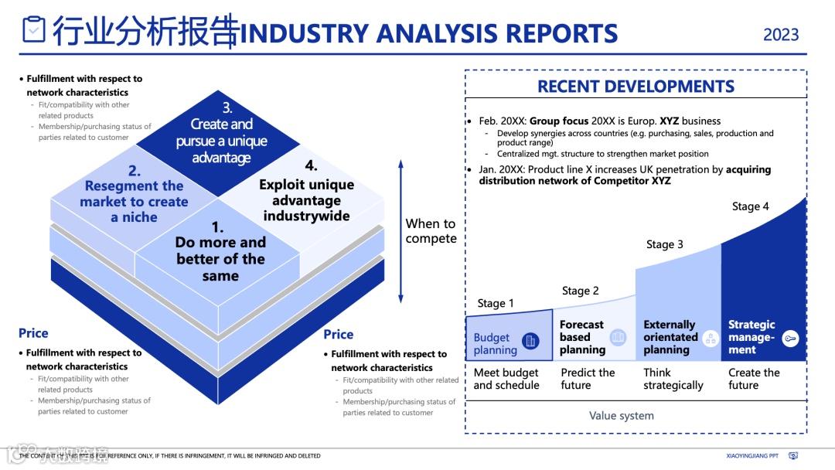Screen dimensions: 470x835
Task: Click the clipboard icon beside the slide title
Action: [34, 29]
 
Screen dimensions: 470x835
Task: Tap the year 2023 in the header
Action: [781, 35]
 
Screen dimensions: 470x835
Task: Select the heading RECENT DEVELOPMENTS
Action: [636, 87]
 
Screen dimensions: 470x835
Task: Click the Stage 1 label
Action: [496, 304]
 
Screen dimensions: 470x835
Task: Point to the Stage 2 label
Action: [581, 291]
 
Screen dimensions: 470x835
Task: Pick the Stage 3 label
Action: [665, 245]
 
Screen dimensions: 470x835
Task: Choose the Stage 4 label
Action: [751, 206]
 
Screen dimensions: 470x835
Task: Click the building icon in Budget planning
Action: [530, 340]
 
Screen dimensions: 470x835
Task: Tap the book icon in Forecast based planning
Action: [618, 337]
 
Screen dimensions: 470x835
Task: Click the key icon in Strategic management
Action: [789, 338]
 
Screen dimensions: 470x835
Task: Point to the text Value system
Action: [622, 416]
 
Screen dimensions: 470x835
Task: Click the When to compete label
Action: [431, 231]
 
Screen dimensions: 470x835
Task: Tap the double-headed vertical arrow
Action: [400, 231]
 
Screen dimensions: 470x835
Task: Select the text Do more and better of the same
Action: [220, 251]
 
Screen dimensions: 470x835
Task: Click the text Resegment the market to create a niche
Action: [134, 194]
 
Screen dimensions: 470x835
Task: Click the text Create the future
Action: [755, 379]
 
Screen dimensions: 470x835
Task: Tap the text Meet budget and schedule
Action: [506, 379]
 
